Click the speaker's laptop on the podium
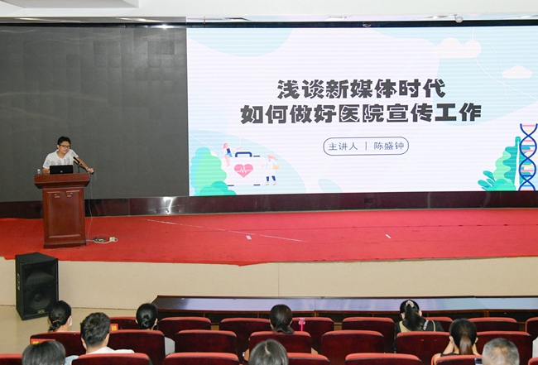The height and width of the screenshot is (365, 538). point(61,170)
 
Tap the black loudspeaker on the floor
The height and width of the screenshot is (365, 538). point(36,286)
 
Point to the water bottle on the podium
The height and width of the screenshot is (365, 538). point(39,172)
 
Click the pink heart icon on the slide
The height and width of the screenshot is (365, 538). point(243,170)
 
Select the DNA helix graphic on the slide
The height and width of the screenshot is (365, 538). point(528,157)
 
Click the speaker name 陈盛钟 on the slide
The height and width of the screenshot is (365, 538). point(389,146)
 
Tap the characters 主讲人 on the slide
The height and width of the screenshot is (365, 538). point(343,146)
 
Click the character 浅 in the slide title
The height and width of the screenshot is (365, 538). point(287,89)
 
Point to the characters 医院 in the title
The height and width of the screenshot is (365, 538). point(361,113)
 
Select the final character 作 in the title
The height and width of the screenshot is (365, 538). point(471,113)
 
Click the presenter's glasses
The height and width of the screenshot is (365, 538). point(65,146)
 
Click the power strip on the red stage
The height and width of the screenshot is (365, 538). point(104,239)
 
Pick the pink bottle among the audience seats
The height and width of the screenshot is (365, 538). point(301,324)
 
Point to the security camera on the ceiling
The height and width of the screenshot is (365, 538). point(459,18)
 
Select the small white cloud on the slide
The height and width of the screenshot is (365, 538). point(517,72)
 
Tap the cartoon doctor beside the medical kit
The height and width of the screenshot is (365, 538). point(271,170)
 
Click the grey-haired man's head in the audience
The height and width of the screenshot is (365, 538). point(500,351)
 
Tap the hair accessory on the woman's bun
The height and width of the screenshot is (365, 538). point(409,304)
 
